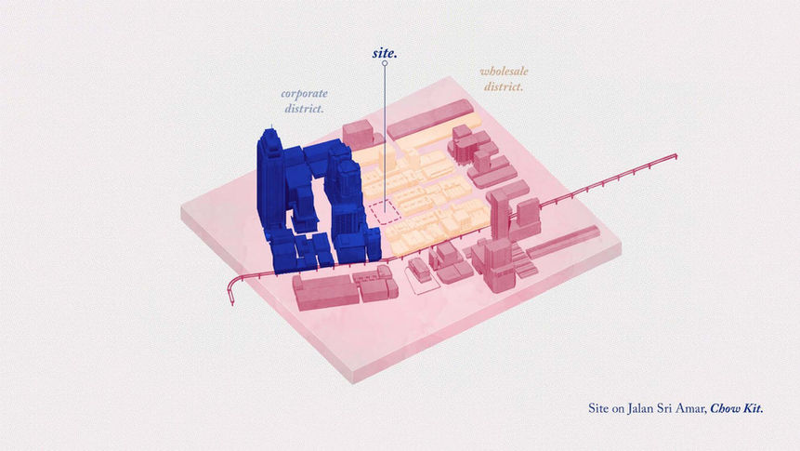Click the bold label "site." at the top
pyautogui.click(x=385, y=53)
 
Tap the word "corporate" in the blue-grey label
pyautogui.click(x=305, y=94)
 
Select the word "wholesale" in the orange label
pyautogui.click(x=503, y=72)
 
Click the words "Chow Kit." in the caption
pyautogui.click(x=737, y=408)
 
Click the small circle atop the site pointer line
pyautogui.click(x=385, y=64)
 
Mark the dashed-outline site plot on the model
pyautogui.click(x=384, y=211)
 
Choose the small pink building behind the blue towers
pyautogui.click(x=358, y=133)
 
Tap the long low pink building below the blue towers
pyautogui.click(x=326, y=290)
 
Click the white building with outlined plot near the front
pyautogui.click(x=420, y=271)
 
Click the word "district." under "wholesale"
pyautogui.click(x=503, y=87)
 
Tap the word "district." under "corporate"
pyautogui.click(x=305, y=109)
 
